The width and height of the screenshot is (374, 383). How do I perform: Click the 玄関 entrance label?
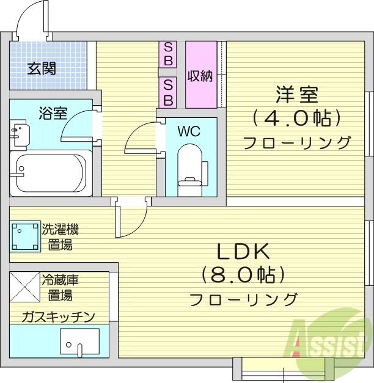pyautogui.click(x=41, y=68)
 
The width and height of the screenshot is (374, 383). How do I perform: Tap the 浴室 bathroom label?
pyautogui.click(x=53, y=113)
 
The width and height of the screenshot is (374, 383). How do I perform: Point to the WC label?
pyautogui.click(x=188, y=131)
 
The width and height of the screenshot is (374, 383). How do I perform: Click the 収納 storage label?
pyautogui.click(x=200, y=76)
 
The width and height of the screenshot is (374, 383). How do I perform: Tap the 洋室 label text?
pyautogui.click(x=297, y=95)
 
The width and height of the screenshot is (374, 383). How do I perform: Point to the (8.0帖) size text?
pyautogui.click(x=243, y=275)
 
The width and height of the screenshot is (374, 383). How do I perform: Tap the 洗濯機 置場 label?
pyautogui.click(x=60, y=237)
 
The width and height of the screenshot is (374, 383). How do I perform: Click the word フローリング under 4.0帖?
pyautogui.click(x=297, y=143)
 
